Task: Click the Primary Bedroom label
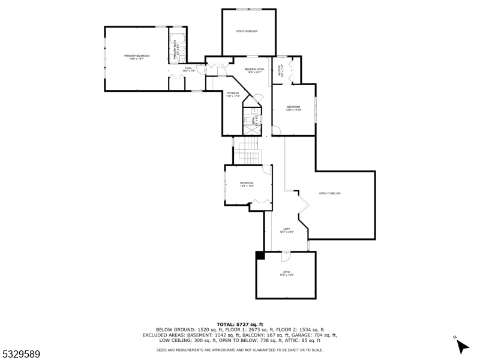pos(137,57)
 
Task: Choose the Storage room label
pos(233,94)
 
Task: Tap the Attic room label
pos(287,274)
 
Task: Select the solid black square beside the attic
pos(260,255)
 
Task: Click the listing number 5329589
pos(20,355)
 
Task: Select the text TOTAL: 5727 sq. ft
pos(240,325)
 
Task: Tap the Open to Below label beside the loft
pos(329,193)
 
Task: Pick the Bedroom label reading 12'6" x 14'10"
pos(293,108)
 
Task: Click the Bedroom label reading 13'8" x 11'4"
pos(247,184)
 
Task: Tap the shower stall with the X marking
pos(251,129)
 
